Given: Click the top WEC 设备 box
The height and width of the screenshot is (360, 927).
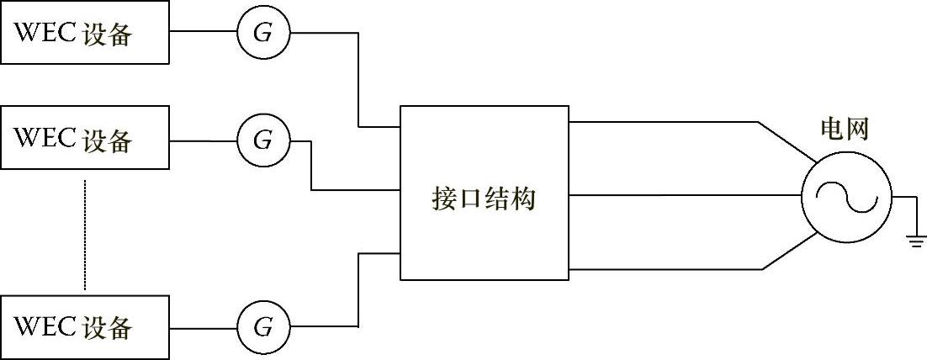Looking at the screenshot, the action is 85,34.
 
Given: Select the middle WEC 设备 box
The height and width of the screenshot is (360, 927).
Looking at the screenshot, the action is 85,140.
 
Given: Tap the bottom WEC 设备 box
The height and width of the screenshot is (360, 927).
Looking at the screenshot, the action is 85,326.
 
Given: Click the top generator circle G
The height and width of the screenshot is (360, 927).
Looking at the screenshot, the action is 262,34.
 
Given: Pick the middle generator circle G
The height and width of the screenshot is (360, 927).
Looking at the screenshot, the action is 262,140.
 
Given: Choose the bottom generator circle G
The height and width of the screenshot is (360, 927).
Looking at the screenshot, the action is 262,326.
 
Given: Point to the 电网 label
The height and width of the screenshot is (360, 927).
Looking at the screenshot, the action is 844,130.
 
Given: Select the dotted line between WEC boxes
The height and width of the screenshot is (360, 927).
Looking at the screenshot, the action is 85,236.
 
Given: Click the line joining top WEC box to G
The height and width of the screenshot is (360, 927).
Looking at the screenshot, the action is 203,33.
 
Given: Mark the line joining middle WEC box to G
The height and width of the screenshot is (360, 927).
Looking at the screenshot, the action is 203,140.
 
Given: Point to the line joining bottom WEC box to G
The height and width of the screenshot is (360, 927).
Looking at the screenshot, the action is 203,326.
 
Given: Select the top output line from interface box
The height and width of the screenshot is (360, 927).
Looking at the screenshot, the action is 665,123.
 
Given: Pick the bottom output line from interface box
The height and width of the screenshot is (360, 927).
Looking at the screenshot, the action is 665,269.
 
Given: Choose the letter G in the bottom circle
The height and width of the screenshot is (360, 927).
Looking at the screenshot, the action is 262,326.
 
